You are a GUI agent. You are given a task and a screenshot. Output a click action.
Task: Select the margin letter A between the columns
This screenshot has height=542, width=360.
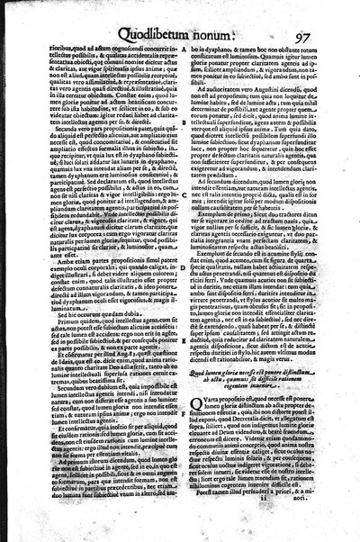184,48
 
